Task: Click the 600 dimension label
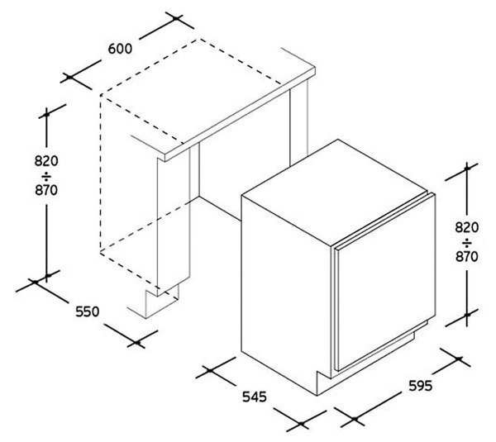(120, 49)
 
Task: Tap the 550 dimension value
(87, 311)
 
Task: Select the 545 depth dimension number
(255, 397)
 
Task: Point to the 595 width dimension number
(421, 386)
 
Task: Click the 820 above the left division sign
(46, 161)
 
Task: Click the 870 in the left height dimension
(46, 190)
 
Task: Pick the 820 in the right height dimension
(466, 227)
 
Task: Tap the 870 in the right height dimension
(466, 256)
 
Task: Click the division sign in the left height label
(46, 175)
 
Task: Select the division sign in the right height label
(466, 242)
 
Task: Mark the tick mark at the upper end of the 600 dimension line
(176, 18)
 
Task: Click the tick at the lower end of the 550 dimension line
(136, 342)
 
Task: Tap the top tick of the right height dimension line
(467, 169)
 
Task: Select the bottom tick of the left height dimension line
(47, 276)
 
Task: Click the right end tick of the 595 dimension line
(459, 359)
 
